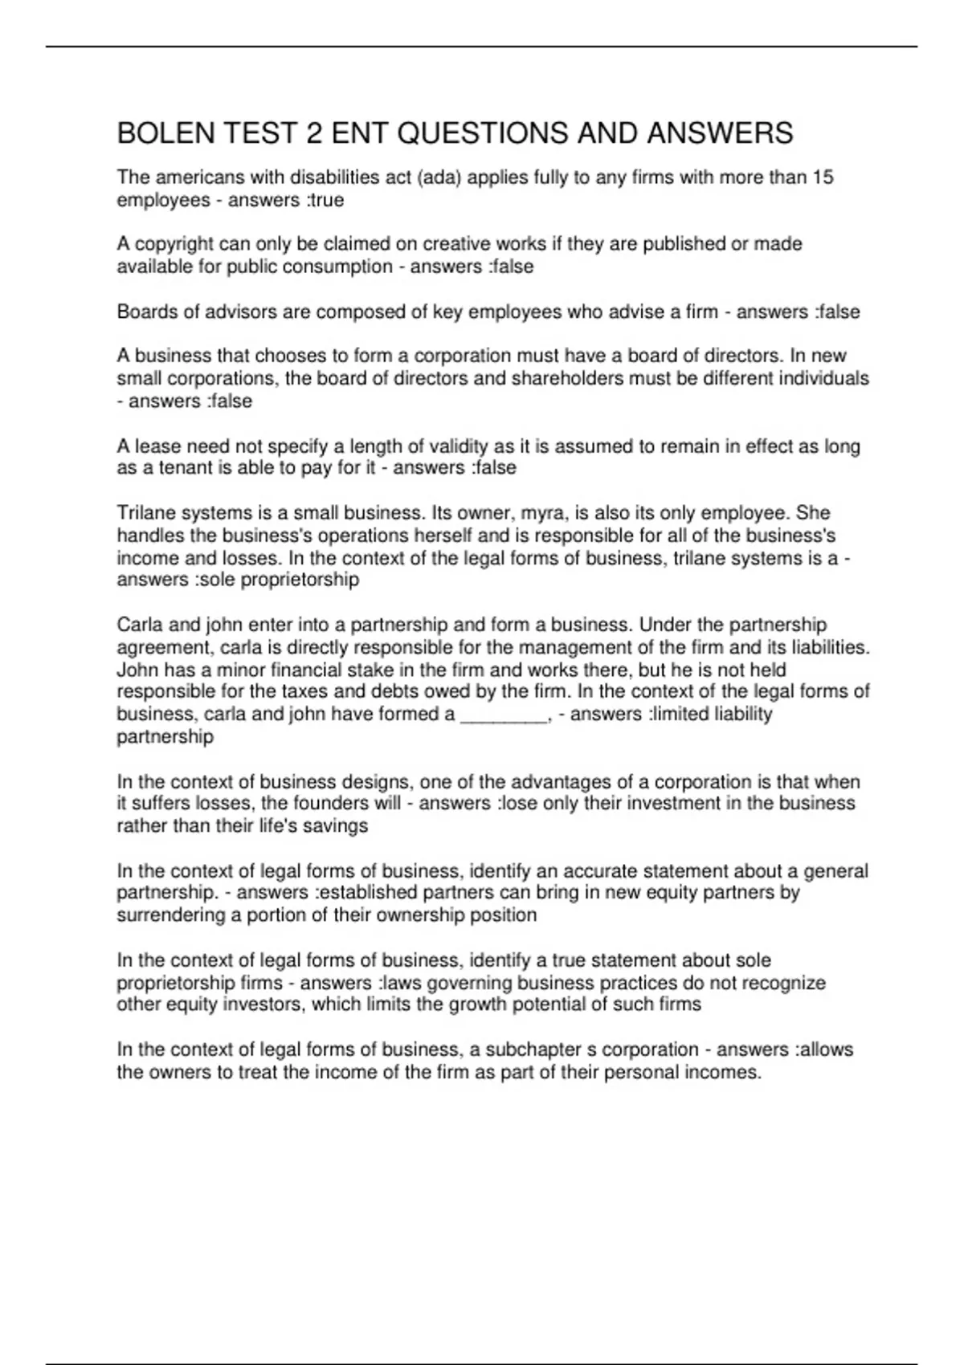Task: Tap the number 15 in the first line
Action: (823, 177)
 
